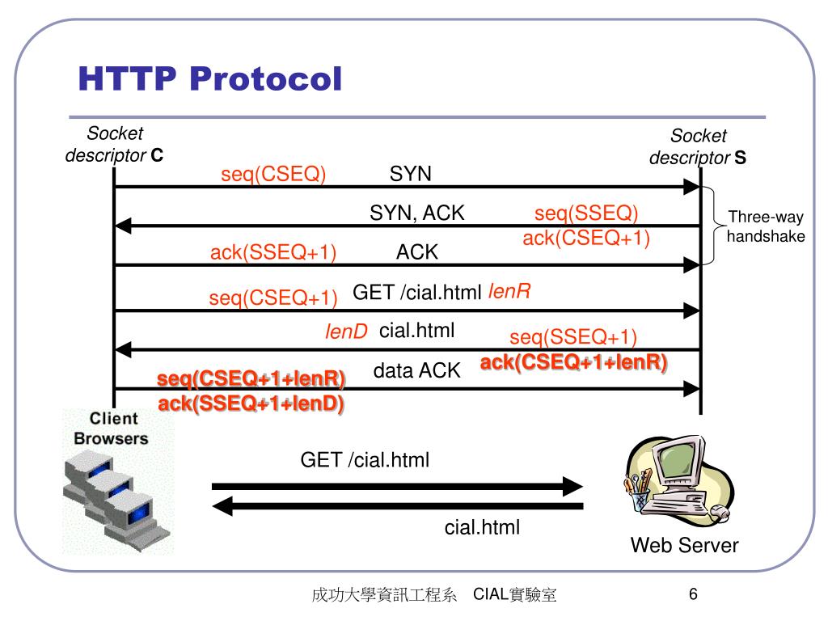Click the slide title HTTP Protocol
[x=210, y=79]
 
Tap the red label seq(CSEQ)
[x=273, y=175]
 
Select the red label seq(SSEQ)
[x=586, y=213]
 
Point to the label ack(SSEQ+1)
[x=273, y=253]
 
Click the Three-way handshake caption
[x=766, y=226]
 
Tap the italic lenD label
[x=346, y=331]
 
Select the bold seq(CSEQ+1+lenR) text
[x=251, y=379]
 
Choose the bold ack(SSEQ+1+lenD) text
[x=251, y=403]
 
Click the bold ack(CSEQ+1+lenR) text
[x=574, y=362]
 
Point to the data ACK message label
[x=416, y=371]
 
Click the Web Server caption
[x=684, y=546]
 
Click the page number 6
[x=693, y=595]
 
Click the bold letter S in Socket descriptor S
[x=740, y=158]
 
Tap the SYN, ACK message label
[x=417, y=213]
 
